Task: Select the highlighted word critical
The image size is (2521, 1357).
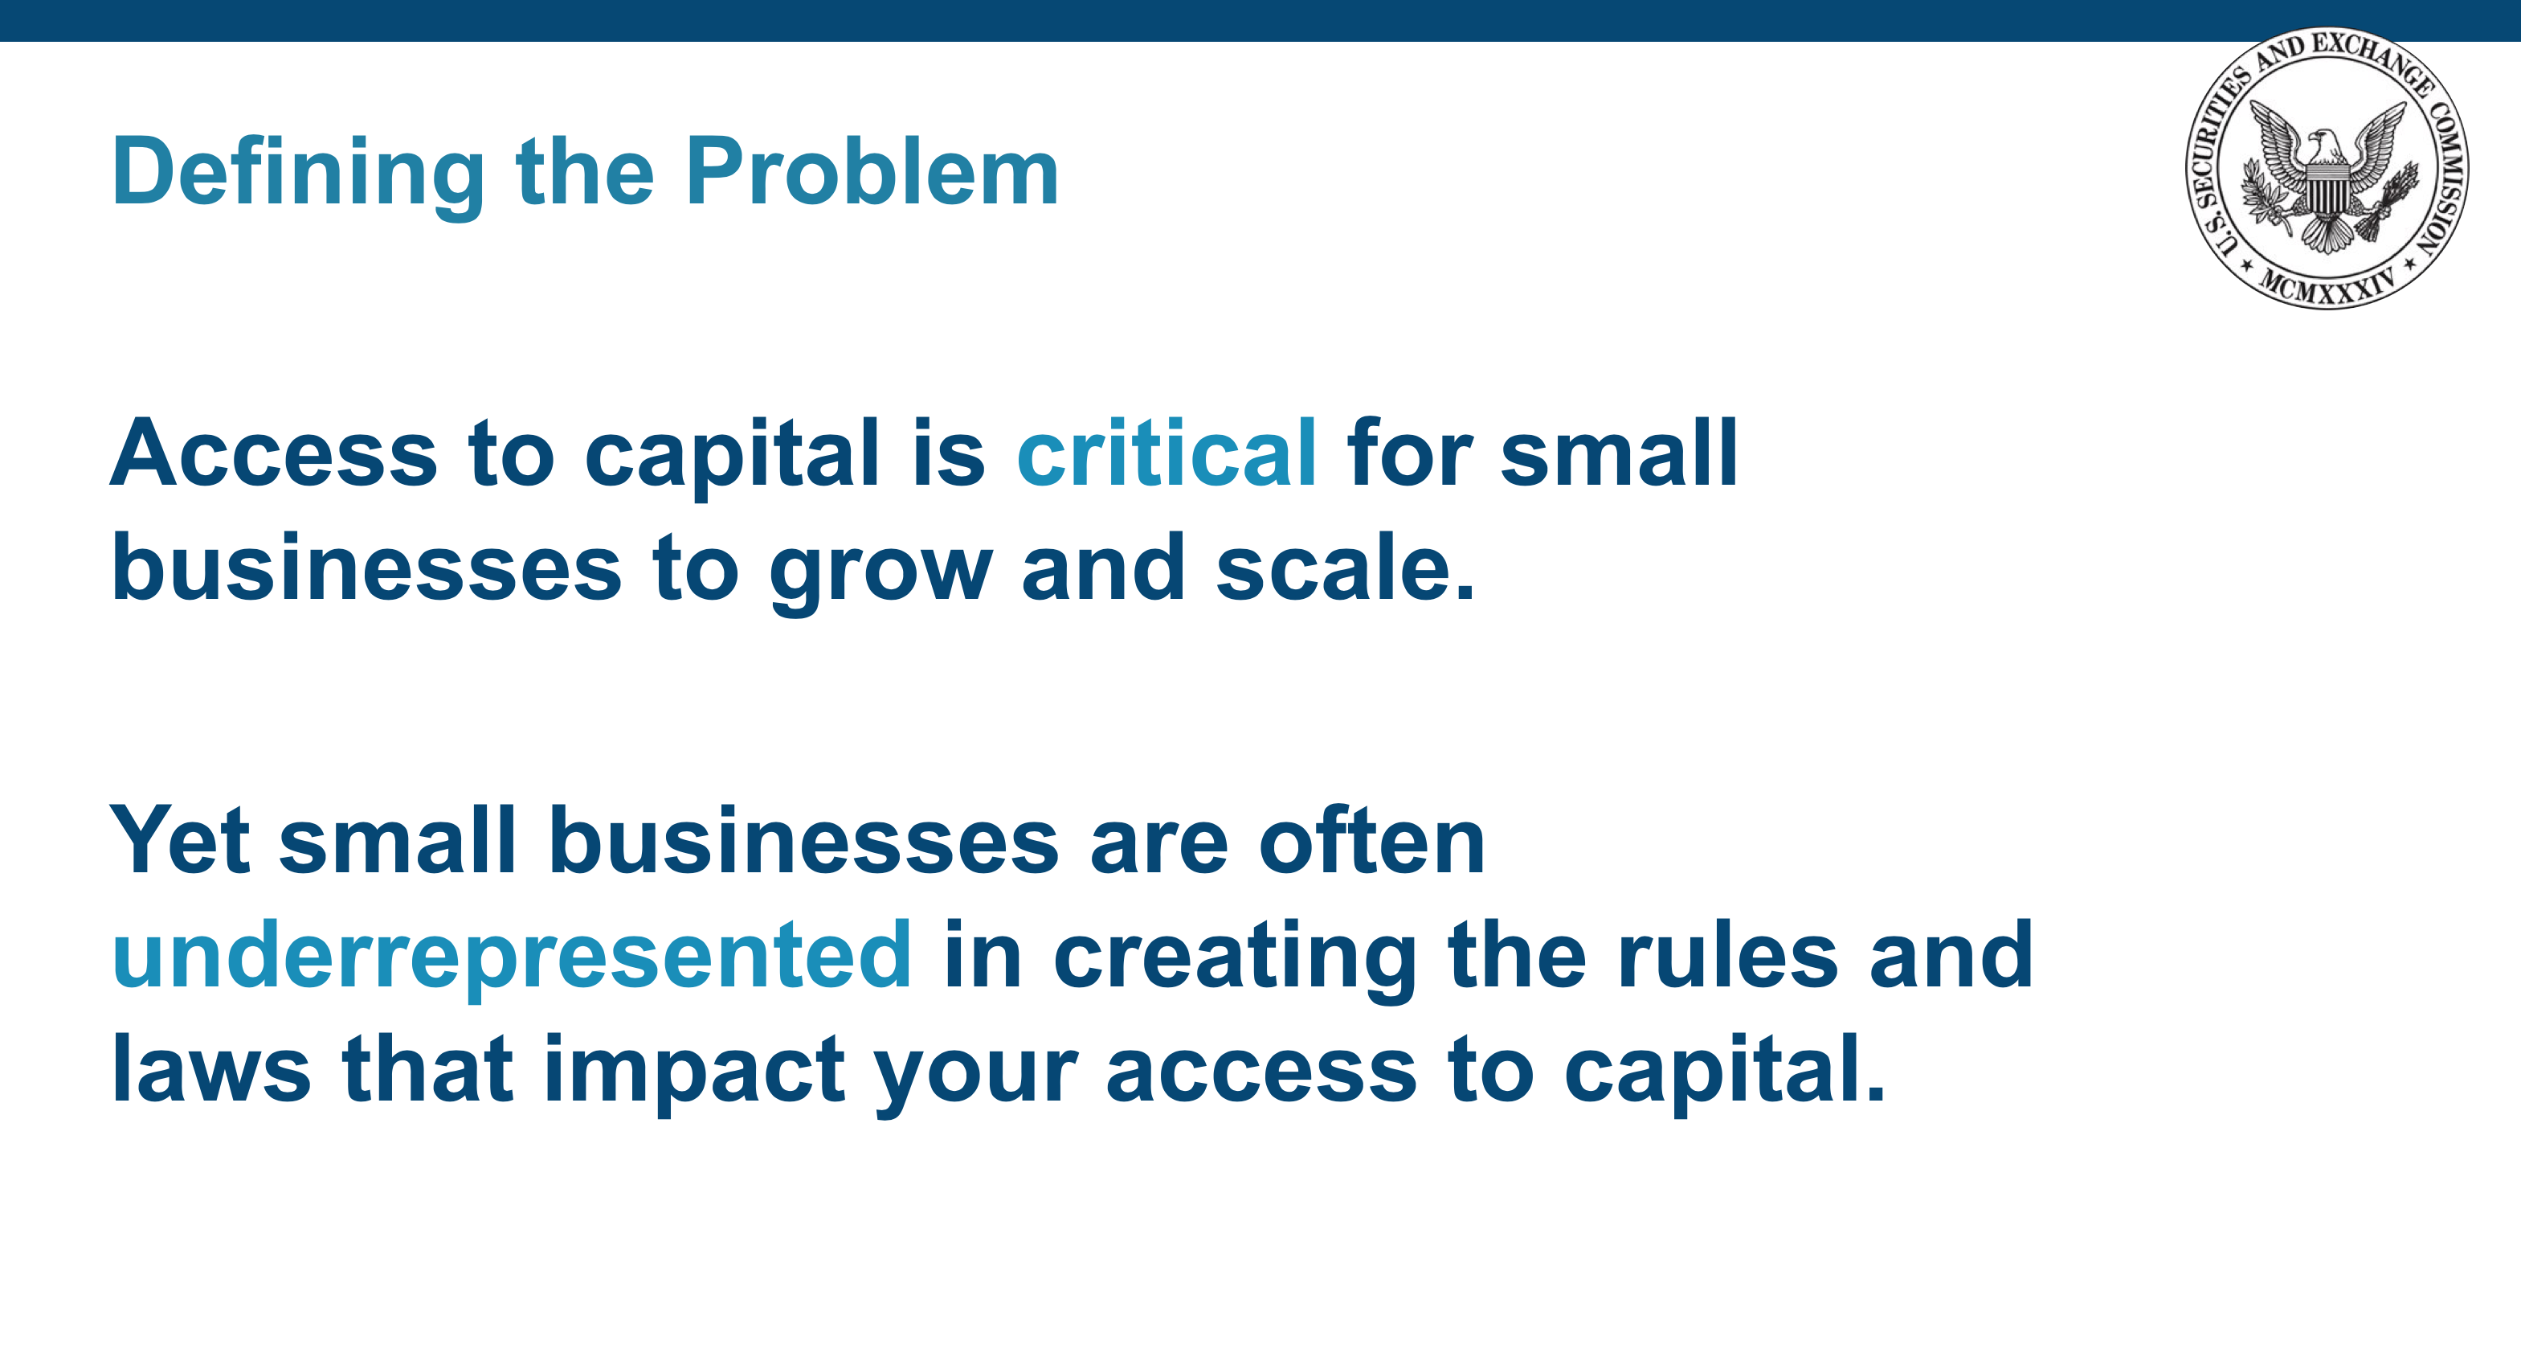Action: [1167, 453]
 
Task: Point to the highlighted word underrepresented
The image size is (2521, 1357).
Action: [512, 957]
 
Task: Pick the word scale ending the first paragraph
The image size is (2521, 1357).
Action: [1345, 568]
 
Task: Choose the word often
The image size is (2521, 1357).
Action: [1372, 838]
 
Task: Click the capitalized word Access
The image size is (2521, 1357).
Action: [274, 453]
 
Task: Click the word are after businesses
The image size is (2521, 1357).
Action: [1158, 846]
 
